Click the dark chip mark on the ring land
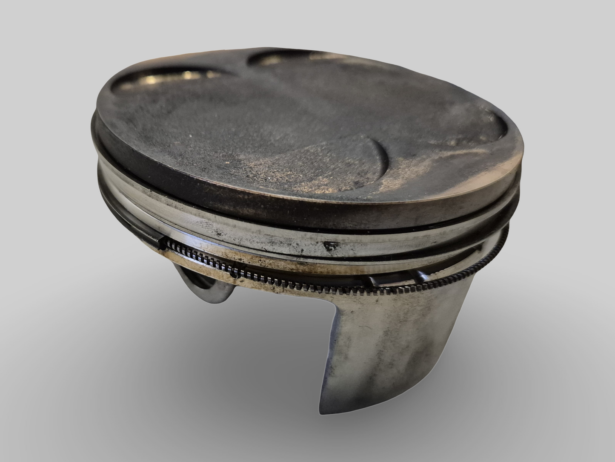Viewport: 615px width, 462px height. [330, 245]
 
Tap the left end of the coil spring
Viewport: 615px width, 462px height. [162, 243]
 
